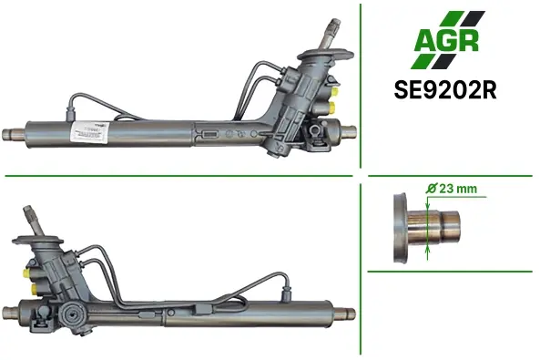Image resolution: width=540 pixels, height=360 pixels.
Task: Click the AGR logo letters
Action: click(x=446, y=41)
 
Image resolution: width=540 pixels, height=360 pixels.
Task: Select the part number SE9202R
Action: click(x=445, y=90)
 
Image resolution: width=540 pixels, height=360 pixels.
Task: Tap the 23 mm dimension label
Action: click(x=458, y=189)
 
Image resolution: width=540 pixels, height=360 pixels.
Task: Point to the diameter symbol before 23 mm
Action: click(x=431, y=189)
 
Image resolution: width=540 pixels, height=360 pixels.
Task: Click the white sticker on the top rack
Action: click(x=90, y=131)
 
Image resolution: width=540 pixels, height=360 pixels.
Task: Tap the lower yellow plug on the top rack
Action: click(x=332, y=107)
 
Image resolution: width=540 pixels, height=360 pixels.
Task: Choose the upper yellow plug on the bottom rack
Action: click(x=26, y=273)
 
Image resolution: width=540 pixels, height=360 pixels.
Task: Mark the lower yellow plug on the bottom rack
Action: click(x=35, y=289)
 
